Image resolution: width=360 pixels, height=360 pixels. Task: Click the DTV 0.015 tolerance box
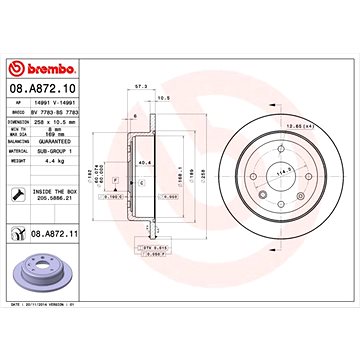(151, 273)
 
